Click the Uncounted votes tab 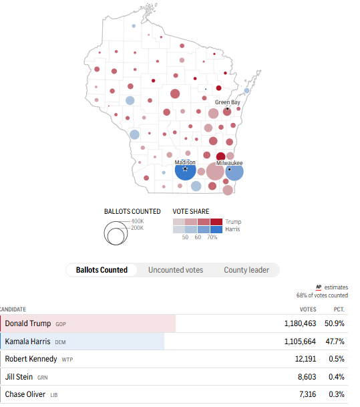[176, 270]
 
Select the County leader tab [246, 270]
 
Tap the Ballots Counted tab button [102, 270]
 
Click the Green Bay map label [228, 102]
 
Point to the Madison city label [185, 162]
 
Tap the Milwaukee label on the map [230, 163]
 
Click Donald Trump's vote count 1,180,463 [300, 323]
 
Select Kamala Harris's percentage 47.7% [335, 342]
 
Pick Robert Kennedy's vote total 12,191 [305, 359]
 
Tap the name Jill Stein [19, 377]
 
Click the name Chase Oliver [25, 394]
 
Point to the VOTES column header [308, 309]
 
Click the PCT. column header [339, 309]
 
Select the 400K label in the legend [138, 221]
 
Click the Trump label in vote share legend [233, 222]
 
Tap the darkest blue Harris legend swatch [216, 230]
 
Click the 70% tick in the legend [212, 237]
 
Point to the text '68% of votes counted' [322, 295]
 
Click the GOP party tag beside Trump [61, 324]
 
